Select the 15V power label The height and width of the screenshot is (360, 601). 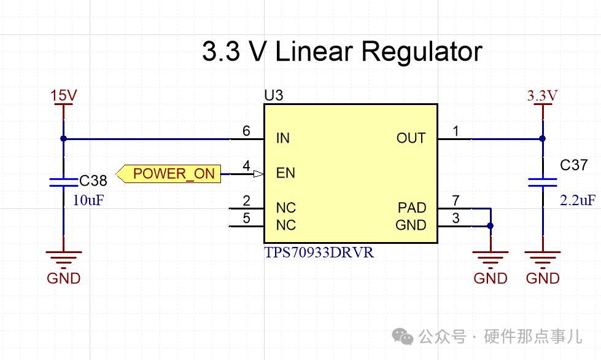(63, 95)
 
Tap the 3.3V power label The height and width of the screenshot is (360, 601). (542, 95)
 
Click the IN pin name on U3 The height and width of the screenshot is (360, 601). (282, 138)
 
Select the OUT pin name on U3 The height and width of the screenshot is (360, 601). (411, 138)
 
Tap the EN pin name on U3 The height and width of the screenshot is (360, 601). (285, 173)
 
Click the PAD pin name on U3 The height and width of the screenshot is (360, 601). (412, 208)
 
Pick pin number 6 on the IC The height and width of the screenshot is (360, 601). (246, 131)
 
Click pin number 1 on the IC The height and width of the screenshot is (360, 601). (456, 131)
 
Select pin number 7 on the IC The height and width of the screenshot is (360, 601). (456, 200)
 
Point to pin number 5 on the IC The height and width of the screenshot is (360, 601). (246, 217)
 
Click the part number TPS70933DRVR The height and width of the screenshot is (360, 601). (319, 252)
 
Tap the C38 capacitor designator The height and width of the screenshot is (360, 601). (93, 181)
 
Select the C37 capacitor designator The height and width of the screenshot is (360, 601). (575, 165)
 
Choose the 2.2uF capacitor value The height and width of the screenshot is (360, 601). (577, 200)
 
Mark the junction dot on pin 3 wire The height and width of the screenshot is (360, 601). (490, 226)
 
